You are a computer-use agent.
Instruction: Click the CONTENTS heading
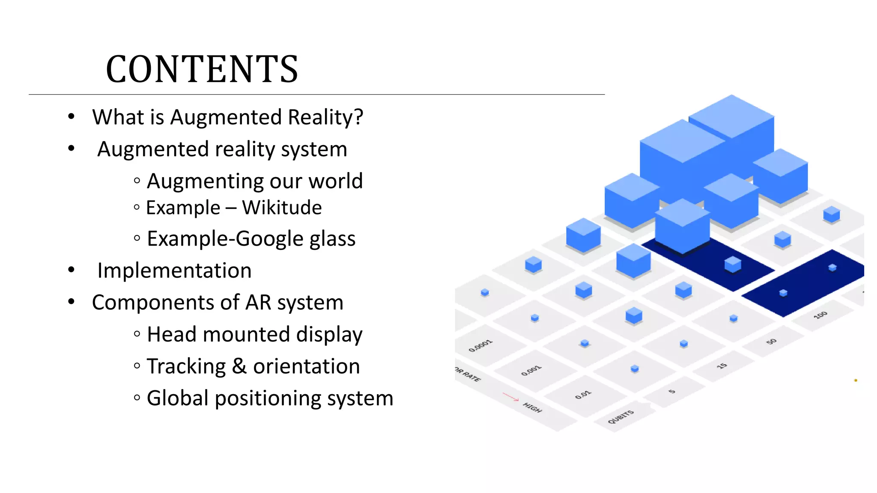coord(202,69)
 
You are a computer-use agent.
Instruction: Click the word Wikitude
coord(282,208)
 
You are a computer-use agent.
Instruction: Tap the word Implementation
coord(174,271)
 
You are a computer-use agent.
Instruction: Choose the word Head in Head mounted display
coord(172,334)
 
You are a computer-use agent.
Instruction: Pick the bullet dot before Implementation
coord(71,270)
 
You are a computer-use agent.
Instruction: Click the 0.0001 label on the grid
coord(480,346)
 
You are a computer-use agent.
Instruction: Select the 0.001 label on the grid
coord(531,371)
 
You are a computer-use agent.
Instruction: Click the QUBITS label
coord(620,417)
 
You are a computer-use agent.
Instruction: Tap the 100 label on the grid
coord(820,315)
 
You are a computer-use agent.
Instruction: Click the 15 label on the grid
coord(722,366)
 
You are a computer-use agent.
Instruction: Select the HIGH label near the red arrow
coord(532,408)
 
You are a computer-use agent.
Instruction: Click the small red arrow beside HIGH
coord(510,397)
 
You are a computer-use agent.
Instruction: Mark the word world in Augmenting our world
coord(336,181)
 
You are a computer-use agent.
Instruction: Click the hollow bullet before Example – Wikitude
coord(137,208)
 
